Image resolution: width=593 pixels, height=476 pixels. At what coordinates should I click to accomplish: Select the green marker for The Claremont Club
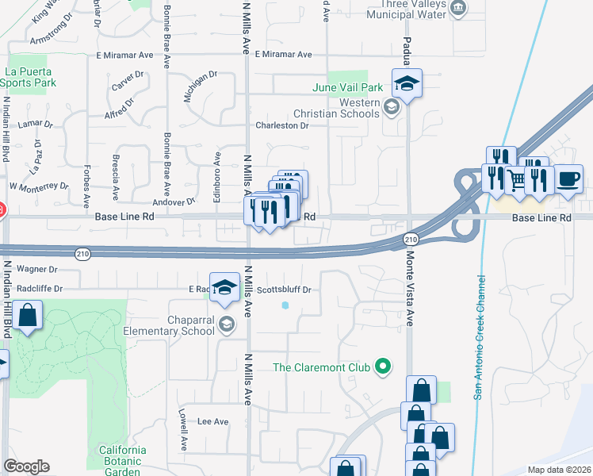coord(384,367)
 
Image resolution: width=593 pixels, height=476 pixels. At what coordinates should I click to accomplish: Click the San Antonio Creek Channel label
coord(480,338)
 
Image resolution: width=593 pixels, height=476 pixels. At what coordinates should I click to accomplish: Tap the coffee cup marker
coord(568,178)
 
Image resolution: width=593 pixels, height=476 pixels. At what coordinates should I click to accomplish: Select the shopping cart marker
coord(516,180)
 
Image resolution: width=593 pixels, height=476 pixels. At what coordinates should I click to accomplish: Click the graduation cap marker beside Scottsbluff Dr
coord(225,287)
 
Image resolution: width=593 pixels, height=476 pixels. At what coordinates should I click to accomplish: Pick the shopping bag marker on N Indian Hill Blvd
coord(28,316)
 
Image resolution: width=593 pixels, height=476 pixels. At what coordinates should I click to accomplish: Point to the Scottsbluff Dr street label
coord(285,290)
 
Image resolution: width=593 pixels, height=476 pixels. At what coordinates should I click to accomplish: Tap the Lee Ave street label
coord(212,421)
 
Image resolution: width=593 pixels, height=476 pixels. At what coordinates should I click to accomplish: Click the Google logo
coord(26,466)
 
